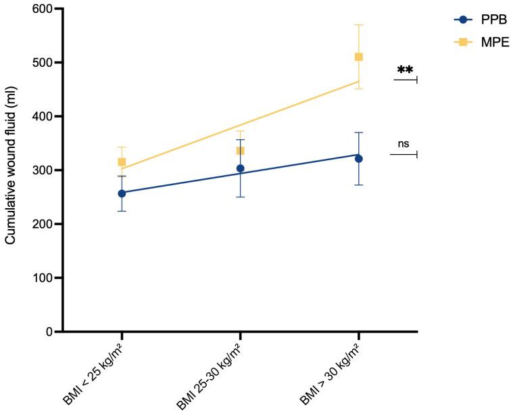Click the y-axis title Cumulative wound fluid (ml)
[x=11, y=170]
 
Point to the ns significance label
[x=404, y=143]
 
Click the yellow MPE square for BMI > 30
[x=358, y=57]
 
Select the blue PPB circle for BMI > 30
[x=358, y=159]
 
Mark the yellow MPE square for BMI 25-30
[x=240, y=151]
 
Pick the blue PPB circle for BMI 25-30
[x=240, y=168]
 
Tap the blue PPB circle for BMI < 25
[x=122, y=193]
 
